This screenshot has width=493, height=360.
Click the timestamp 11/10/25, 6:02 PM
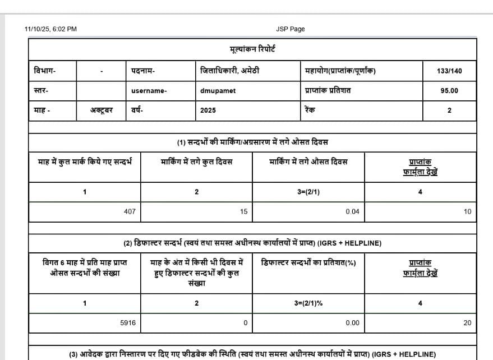pyautogui.click(x=51, y=29)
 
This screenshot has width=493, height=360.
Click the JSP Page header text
pyautogui.click(x=290, y=29)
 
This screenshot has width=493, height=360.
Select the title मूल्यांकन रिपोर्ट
pyautogui.click(x=252, y=49)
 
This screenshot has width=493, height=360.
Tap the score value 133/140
pyautogui.click(x=449, y=71)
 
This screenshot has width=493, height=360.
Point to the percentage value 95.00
pyautogui.click(x=449, y=91)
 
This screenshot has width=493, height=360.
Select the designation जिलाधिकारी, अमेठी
pyautogui.click(x=230, y=71)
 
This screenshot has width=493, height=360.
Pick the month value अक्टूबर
pyautogui.click(x=102, y=110)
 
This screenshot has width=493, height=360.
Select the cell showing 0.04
pyautogui.click(x=352, y=212)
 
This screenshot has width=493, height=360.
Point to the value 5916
pyautogui.click(x=128, y=322)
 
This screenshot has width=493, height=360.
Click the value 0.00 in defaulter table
pyautogui.click(x=352, y=322)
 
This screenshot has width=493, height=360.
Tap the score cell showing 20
pyautogui.click(x=467, y=322)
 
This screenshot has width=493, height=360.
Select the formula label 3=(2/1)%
pyautogui.click(x=308, y=303)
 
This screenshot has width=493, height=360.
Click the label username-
pyautogui.click(x=149, y=91)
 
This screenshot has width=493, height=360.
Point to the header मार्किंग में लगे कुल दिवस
pyautogui.click(x=196, y=162)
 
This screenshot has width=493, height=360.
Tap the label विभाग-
pyautogui.click(x=45, y=71)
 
